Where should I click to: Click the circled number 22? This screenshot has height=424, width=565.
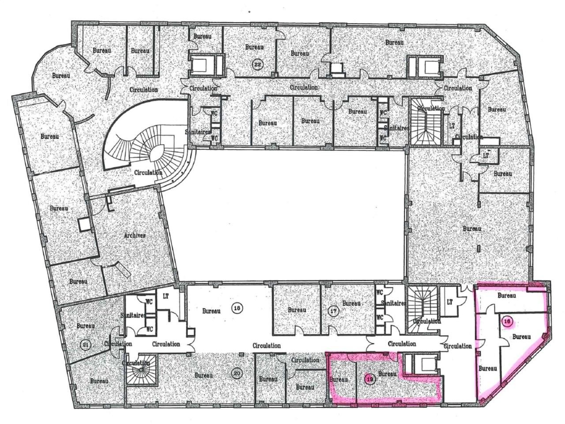pos(257,64)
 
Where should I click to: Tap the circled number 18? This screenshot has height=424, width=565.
pos(237,308)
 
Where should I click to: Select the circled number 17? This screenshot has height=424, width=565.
pos(334,311)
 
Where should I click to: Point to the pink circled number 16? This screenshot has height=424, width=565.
pos(508,322)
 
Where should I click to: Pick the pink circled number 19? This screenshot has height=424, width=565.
pos(370,378)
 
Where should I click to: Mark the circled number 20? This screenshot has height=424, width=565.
pos(237,374)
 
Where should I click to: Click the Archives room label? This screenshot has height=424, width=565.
pos(135,235)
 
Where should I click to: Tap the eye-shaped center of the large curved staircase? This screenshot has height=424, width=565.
pos(155,155)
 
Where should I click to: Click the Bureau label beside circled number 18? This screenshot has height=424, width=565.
pos(211,310)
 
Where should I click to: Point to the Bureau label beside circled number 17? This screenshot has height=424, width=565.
pos(351,303)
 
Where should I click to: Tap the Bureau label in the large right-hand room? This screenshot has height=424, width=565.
pos(472,229)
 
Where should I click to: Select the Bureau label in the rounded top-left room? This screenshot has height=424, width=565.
pos(61,76)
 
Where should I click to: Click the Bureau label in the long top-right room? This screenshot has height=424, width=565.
pos(394,42)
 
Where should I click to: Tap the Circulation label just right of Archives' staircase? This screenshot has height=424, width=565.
pos(149,172)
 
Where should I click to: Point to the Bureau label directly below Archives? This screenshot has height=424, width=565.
pos(79,281)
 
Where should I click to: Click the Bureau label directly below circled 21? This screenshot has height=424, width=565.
pos(99,381)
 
